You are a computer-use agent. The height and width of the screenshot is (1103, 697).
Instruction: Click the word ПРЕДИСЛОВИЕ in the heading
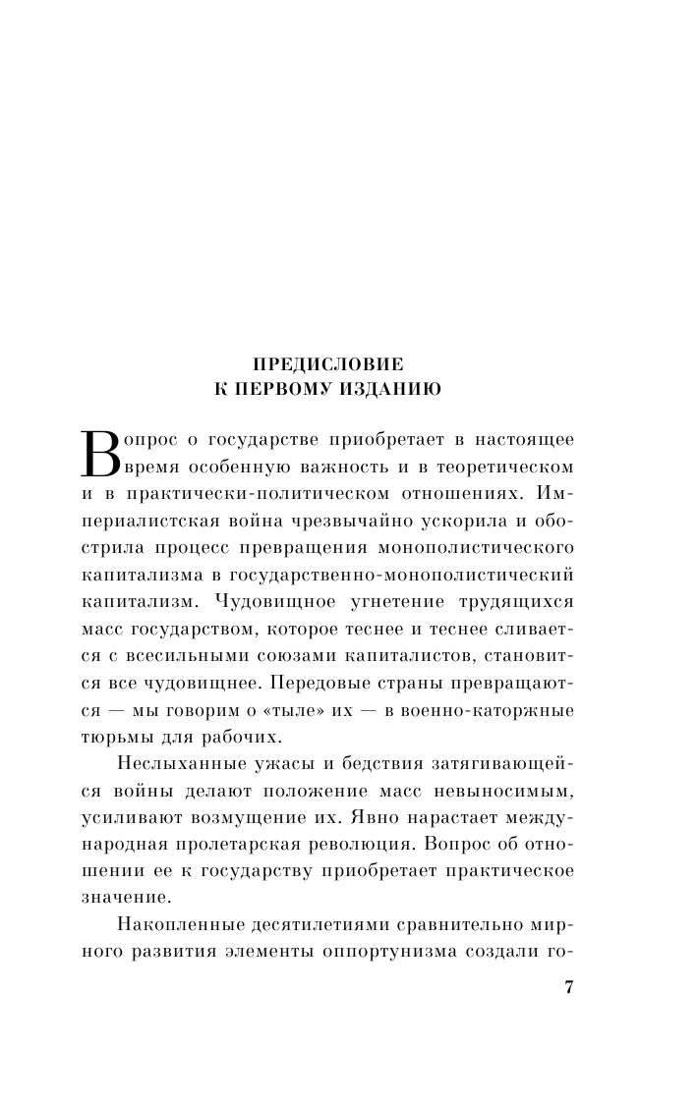pos(314,364)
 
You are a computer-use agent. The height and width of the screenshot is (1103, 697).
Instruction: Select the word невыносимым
pos(509,792)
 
